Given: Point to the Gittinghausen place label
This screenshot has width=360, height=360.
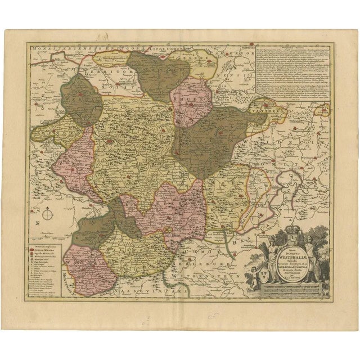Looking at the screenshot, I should (x=114, y=58).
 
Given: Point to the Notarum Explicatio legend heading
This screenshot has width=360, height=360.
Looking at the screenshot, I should (x=49, y=239).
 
